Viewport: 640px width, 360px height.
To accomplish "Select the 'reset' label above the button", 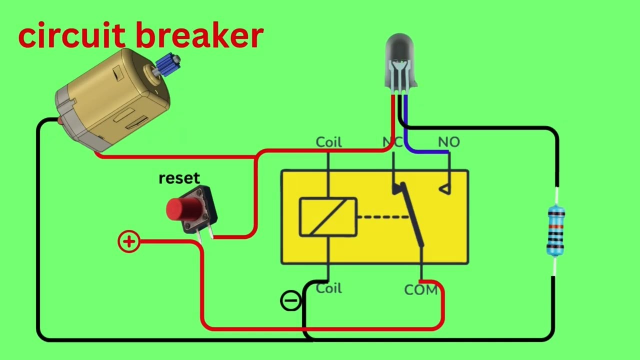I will (x=179, y=178).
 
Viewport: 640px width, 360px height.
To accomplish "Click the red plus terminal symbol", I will (x=129, y=242).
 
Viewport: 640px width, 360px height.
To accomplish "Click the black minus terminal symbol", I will (x=290, y=301).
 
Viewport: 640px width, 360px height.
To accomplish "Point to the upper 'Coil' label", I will (x=328, y=142).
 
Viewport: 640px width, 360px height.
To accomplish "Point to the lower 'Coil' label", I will (x=328, y=288).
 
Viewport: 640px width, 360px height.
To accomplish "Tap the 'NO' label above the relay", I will (x=448, y=142).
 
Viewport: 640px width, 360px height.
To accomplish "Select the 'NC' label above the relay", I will (x=392, y=142).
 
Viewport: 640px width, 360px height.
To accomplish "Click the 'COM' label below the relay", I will (x=420, y=290).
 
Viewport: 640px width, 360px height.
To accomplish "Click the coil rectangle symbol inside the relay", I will (x=328, y=217).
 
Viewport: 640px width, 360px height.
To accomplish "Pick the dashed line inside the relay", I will (x=383, y=217).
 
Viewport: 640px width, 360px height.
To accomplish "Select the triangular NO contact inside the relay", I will (x=444, y=189).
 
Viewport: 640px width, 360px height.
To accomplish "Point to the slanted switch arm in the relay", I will (x=412, y=215).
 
